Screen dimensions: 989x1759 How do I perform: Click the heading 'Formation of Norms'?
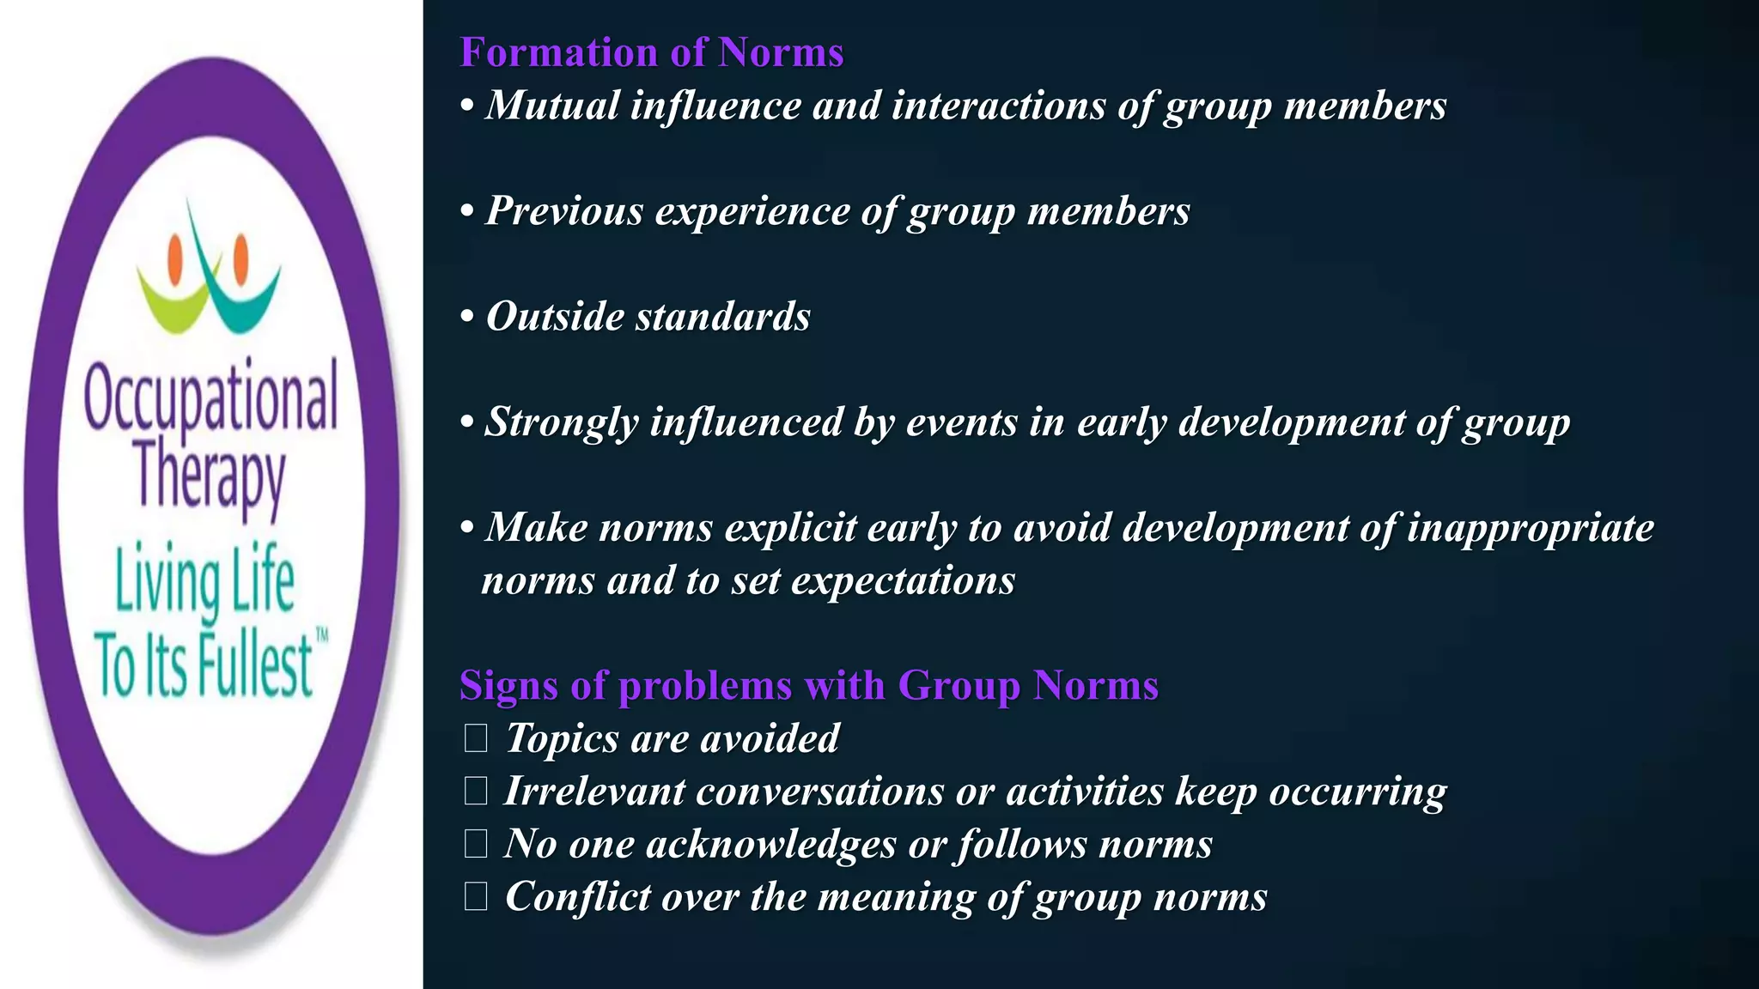[x=652, y=52]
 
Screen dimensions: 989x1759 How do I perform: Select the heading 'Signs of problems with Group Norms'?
[x=809, y=685]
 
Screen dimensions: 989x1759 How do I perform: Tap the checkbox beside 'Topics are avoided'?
[x=476, y=738]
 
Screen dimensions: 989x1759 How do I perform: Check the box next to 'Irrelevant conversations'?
[x=476, y=791]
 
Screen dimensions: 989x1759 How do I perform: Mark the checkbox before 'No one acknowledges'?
[x=476, y=844]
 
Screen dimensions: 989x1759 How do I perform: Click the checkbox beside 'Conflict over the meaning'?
[x=476, y=896]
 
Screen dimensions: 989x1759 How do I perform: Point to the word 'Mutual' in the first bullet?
[x=552, y=106]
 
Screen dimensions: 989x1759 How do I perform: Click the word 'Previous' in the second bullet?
[x=564, y=211]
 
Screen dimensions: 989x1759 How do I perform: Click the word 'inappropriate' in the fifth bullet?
[x=1530, y=528]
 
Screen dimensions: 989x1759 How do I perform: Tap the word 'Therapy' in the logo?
[x=210, y=475]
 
